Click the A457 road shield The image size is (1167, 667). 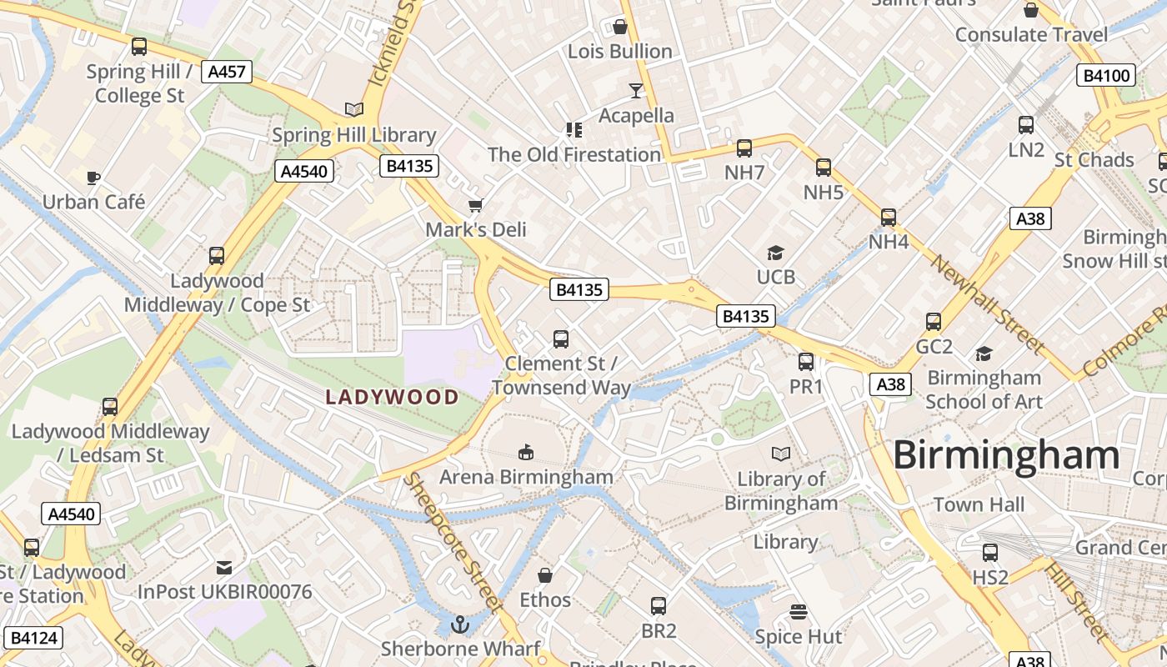227,72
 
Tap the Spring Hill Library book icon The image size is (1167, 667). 354,109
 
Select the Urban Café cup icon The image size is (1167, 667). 93,177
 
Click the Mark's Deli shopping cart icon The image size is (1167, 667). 476,204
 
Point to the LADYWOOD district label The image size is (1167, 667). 392,397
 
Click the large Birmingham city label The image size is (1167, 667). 1007,455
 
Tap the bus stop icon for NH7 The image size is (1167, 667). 744,148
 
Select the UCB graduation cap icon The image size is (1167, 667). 776,252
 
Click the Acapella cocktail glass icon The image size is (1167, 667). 636,90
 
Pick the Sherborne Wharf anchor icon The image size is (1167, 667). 459,623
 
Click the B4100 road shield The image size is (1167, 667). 1106,76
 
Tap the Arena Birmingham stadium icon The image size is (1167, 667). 526,452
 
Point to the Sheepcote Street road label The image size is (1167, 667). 453,541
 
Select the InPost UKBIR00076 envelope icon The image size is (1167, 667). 224,567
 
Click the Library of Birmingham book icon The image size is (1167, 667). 781,454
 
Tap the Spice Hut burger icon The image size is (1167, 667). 798,611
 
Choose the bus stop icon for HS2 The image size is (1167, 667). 990,552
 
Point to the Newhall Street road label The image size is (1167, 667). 988,304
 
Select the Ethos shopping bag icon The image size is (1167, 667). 545,575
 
